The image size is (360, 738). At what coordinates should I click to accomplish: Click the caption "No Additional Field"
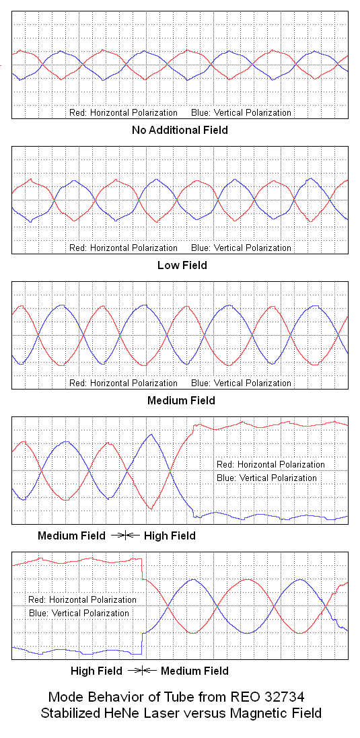point(180,130)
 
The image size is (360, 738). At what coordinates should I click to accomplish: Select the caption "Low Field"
point(182,266)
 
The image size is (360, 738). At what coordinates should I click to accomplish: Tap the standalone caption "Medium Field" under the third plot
point(181,401)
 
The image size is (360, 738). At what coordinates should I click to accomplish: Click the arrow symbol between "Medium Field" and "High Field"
point(126,535)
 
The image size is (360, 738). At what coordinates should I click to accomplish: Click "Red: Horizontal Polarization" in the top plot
point(123,113)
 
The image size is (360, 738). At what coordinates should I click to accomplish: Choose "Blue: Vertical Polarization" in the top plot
point(241,113)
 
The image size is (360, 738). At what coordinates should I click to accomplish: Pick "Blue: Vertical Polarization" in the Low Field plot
point(241,248)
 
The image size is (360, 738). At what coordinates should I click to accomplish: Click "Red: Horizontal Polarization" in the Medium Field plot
point(123,383)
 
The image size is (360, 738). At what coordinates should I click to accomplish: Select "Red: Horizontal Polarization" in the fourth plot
point(271,465)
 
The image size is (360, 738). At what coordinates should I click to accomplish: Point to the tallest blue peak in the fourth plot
point(151,435)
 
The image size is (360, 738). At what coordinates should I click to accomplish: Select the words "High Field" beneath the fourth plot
point(170,536)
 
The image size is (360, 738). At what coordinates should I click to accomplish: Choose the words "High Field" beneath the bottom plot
point(96,671)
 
